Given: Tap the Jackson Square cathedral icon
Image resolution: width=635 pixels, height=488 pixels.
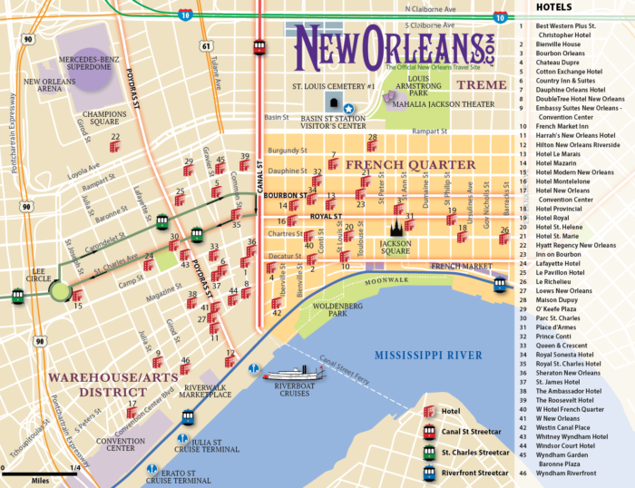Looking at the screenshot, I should pyautogui.click(x=396, y=229).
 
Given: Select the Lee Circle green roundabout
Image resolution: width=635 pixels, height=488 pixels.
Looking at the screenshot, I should pyautogui.click(x=60, y=290).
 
